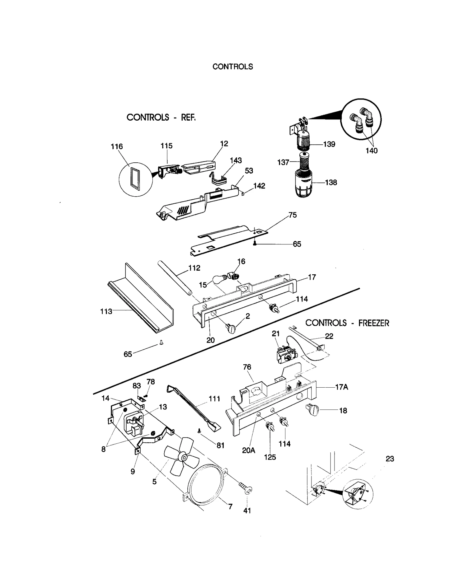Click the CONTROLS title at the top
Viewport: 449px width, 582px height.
(x=232, y=66)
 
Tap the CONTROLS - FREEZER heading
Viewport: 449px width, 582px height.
(x=347, y=323)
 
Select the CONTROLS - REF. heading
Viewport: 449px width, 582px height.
(x=161, y=117)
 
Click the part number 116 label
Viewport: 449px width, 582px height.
(x=117, y=146)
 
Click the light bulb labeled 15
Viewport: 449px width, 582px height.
(x=219, y=279)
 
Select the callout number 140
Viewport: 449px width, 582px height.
(x=371, y=151)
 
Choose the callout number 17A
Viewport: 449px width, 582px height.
(x=341, y=387)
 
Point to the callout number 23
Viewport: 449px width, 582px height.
(x=390, y=459)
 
